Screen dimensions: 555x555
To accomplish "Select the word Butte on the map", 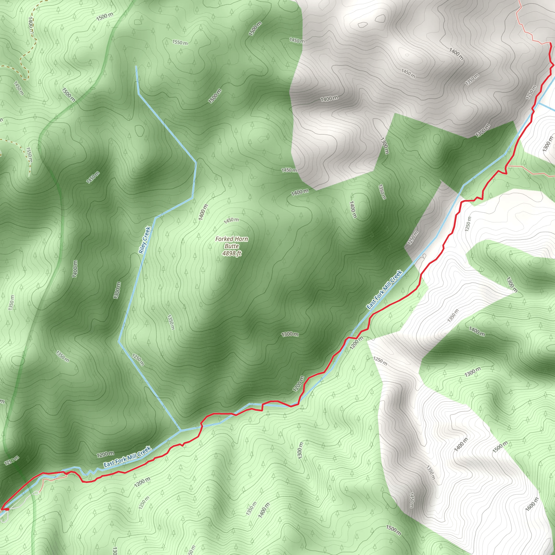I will [231, 246].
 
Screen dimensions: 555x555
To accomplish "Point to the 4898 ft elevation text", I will [231, 253].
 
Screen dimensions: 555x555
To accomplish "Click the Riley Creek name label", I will [144, 240].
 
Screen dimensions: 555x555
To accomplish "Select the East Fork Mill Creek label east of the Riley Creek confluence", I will [384, 290].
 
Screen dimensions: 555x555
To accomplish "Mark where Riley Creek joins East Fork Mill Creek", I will [181, 431].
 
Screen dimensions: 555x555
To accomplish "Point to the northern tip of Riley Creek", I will [136, 67].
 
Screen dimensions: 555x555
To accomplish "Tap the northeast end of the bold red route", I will [550, 43].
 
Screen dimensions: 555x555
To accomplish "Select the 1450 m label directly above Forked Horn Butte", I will [231, 220].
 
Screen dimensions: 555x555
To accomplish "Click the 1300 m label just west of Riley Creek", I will [117, 290].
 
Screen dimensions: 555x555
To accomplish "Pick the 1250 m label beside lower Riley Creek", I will [138, 359].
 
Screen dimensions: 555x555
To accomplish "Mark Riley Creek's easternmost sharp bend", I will [196, 163].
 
